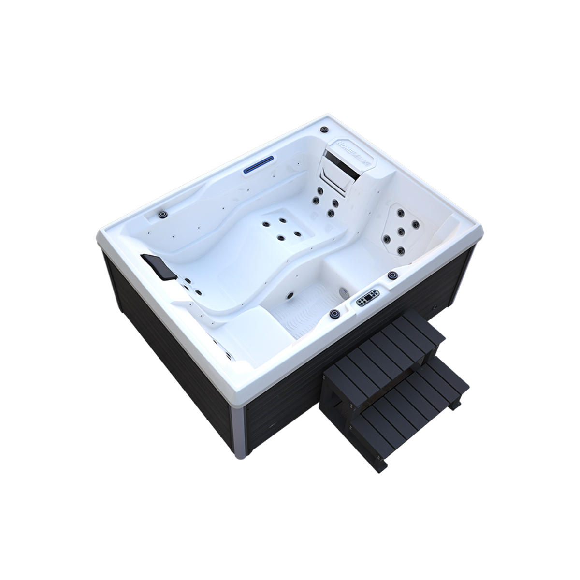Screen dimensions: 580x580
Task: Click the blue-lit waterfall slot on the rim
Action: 267,167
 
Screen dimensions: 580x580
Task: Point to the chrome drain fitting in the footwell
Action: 344,291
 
